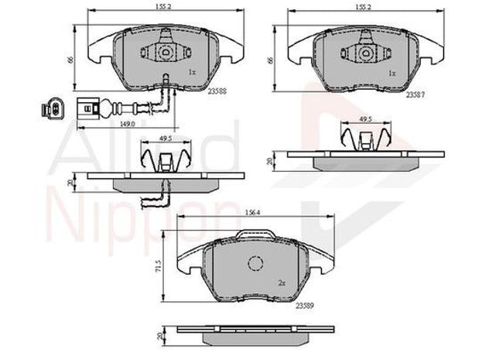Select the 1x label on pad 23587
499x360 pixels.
392,72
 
